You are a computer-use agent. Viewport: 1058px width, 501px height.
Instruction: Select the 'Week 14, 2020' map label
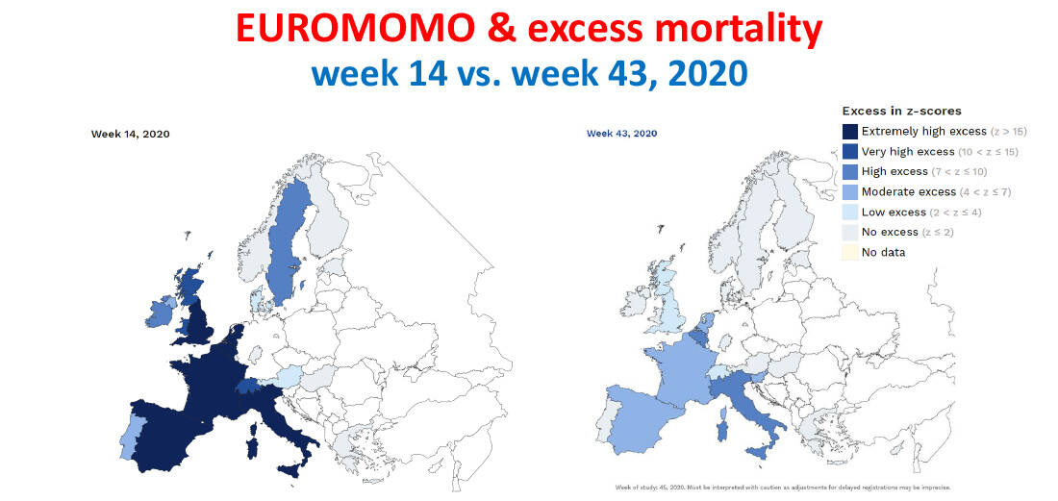coord(130,134)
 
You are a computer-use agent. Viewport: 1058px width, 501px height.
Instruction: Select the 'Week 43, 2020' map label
coord(621,134)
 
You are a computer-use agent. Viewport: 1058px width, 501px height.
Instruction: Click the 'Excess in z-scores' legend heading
coord(901,111)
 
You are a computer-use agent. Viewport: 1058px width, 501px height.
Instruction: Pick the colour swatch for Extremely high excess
coord(849,131)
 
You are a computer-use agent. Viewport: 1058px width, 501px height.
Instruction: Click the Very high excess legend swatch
coord(849,151)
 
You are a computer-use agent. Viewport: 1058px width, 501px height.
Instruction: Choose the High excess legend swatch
coord(849,171)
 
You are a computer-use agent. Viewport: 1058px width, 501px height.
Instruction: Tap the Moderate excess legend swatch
coord(849,191)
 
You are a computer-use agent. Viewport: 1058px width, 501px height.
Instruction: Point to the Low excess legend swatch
coord(849,212)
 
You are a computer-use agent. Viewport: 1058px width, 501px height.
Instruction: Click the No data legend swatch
coord(849,252)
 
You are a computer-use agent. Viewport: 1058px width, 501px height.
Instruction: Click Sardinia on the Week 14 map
coord(252,445)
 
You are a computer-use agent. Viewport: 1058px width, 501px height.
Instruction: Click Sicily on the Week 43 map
coord(759,451)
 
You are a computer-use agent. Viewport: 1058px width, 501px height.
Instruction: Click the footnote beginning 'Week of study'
coord(783,487)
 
